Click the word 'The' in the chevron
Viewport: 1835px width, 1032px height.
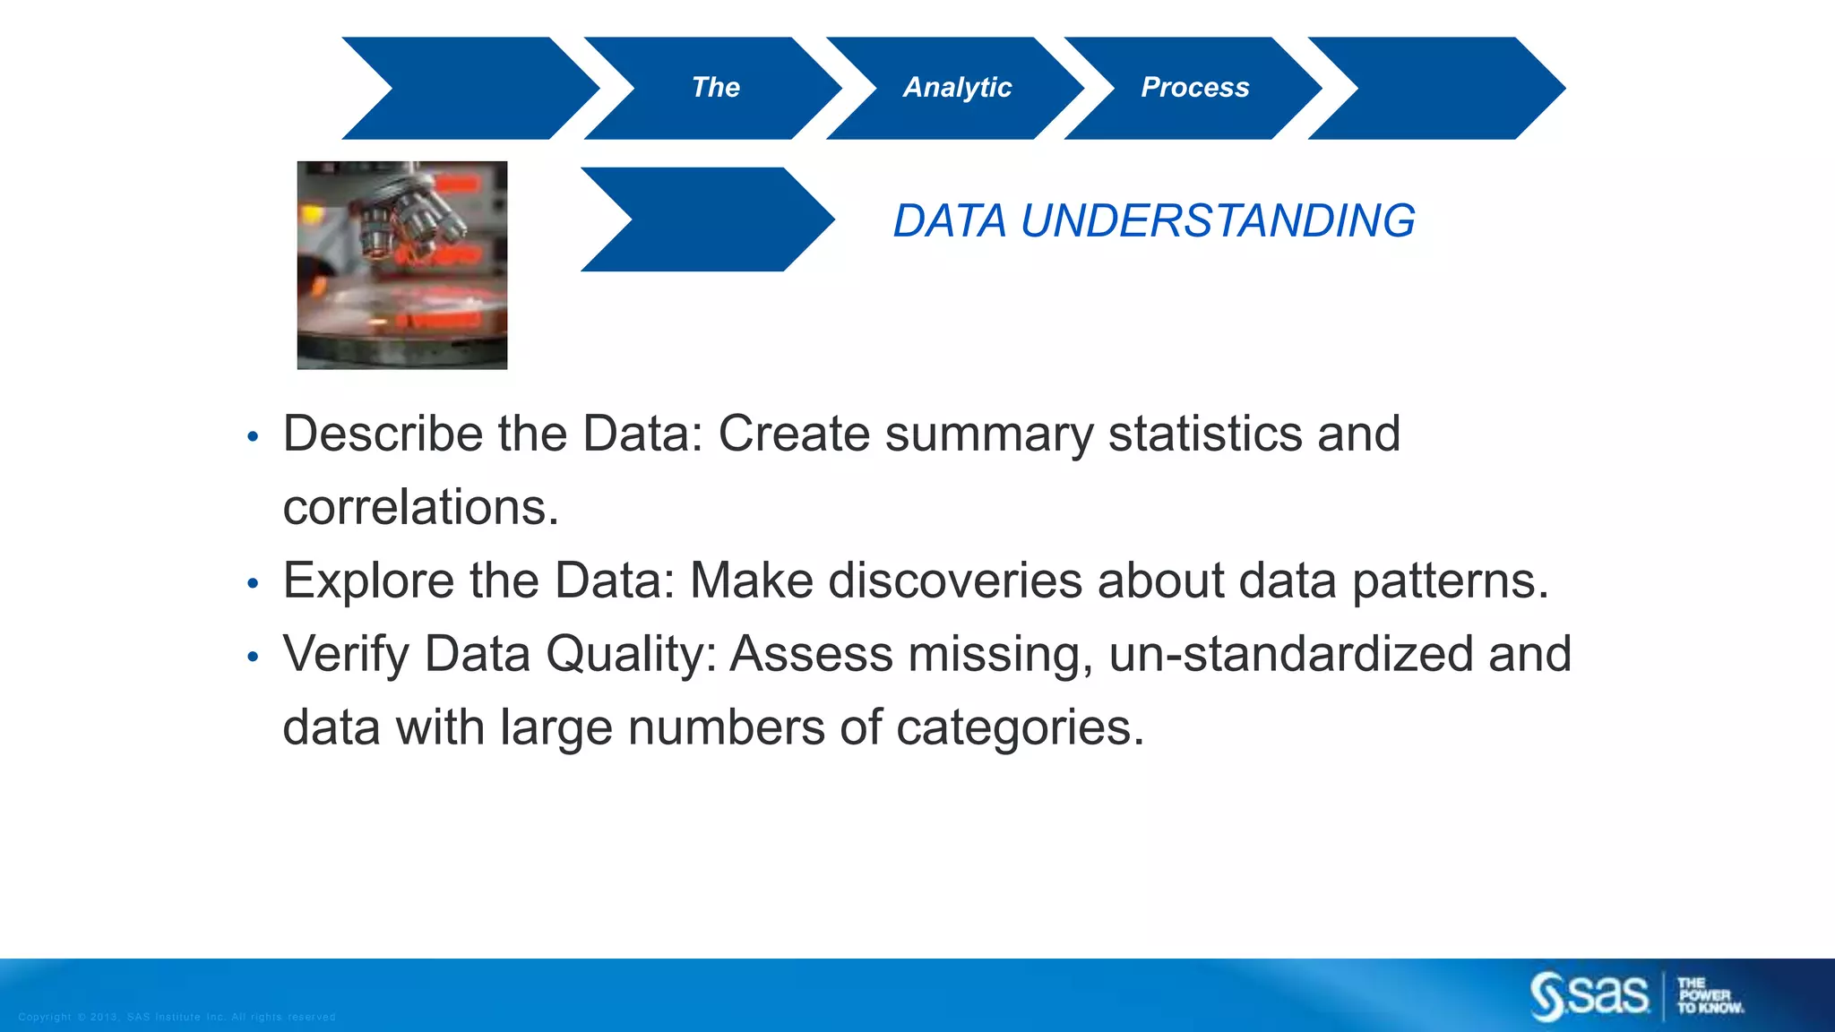715,88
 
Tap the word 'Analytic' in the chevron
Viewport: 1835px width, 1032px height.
957,88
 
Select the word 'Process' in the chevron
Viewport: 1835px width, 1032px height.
1194,88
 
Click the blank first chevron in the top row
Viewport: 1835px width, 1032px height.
470,88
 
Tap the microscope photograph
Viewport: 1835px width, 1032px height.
402,265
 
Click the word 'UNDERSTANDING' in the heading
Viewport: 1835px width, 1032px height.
1218,221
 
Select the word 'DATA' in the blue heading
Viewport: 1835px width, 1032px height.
950,221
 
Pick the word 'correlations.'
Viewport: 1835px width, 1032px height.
420,508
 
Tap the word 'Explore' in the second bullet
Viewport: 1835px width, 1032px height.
368,581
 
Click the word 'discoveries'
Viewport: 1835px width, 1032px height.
955,581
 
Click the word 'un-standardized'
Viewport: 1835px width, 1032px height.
1290,655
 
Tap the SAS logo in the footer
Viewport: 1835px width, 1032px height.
1589,995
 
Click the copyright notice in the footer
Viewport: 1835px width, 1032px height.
177,1017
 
